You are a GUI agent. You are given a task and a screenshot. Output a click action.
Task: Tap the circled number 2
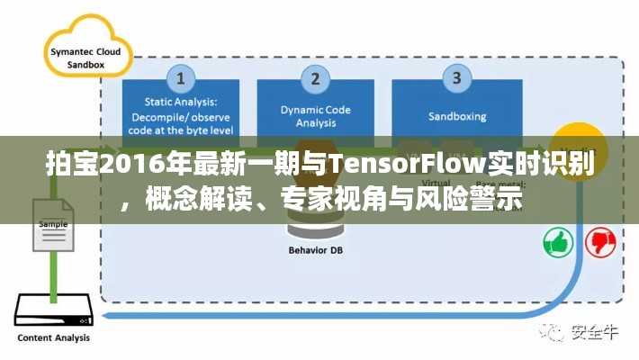(315, 78)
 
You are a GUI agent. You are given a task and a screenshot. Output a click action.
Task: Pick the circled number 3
(456, 78)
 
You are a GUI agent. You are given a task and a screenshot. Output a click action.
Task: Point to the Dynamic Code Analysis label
(315, 117)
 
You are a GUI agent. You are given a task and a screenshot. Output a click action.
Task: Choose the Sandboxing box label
(456, 116)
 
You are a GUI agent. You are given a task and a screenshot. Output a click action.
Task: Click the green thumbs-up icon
(559, 241)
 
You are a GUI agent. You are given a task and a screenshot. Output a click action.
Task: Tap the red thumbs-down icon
(600, 241)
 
